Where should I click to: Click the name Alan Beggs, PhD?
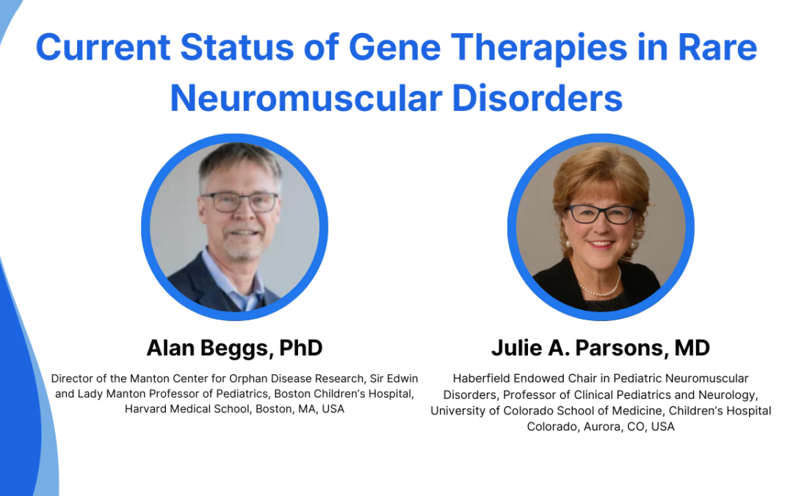click(234, 348)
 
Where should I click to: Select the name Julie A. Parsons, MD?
click(601, 348)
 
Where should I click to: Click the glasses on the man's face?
click(239, 201)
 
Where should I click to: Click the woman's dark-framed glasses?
click(601, 214)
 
